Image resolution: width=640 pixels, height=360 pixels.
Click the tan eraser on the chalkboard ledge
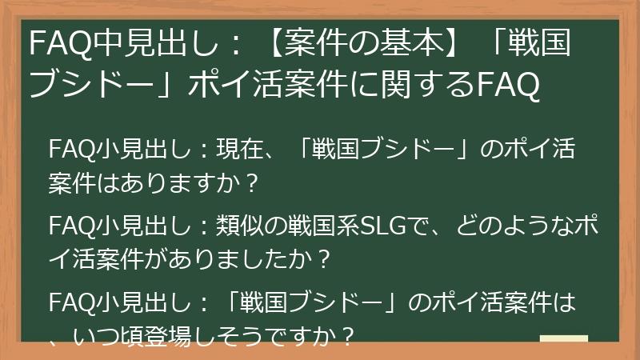(564, 338)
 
